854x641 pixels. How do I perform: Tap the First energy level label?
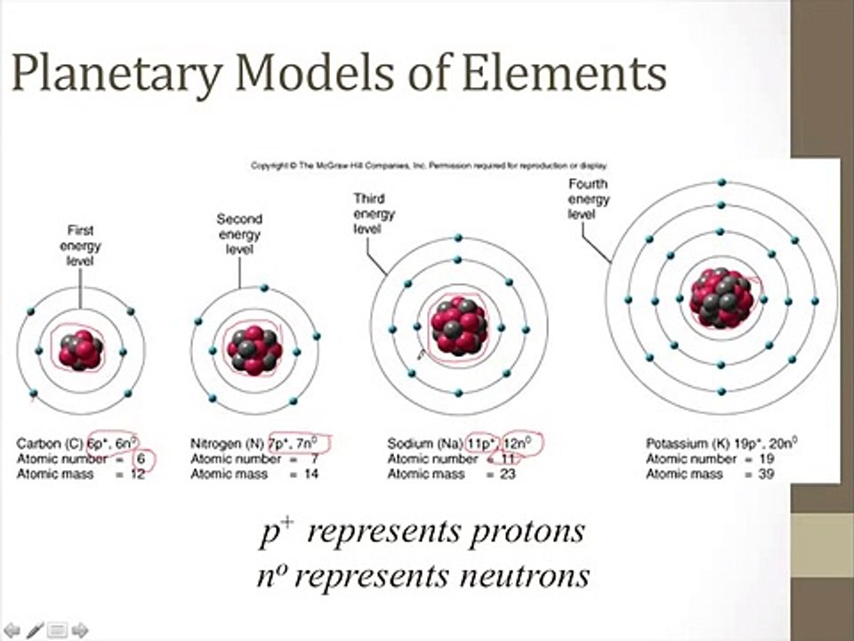80,245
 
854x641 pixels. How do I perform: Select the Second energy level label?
238,234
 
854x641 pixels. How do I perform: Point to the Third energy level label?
374,214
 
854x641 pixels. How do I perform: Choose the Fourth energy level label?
589,200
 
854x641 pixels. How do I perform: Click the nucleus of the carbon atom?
80,350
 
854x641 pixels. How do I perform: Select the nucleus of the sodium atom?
458,327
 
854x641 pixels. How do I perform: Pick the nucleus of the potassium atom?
722,297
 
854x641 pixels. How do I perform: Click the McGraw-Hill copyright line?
429,165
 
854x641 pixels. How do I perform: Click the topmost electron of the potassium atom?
722,183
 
